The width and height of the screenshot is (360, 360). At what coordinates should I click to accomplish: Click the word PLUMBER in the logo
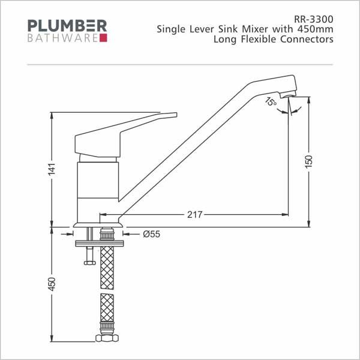(67, 26)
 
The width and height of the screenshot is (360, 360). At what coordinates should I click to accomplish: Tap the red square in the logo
(103, 38)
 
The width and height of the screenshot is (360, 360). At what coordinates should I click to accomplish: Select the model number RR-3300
(313, 19)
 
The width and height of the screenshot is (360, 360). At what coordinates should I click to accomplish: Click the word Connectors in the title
(307, 39)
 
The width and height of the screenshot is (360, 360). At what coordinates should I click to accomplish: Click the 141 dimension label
(52, 169)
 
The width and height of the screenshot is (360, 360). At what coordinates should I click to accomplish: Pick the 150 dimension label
(309, 161)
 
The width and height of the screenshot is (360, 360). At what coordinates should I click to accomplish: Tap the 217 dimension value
(194, 215)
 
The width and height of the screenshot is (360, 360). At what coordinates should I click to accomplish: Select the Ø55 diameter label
(152, 234)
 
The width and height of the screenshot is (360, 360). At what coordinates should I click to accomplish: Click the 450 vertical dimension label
(52, 284)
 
